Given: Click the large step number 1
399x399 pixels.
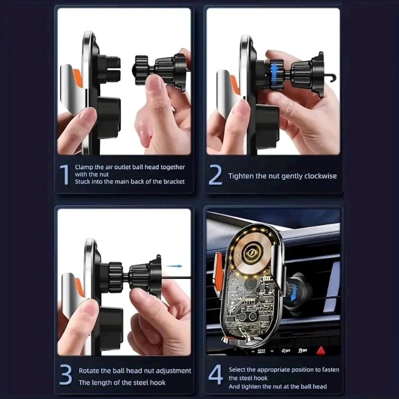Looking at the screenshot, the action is pos(64,175).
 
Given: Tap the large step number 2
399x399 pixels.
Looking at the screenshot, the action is pos(215,175).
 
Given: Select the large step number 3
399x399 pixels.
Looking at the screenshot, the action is pos(65,375).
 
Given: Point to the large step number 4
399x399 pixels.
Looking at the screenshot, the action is pos(215,375).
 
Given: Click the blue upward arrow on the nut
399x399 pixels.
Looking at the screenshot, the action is pos(274,72).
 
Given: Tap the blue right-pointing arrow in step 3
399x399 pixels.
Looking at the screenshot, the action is pos(174,266).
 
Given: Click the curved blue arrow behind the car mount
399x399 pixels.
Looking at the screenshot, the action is pos(293,293).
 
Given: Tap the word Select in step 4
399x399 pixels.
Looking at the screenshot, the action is pos(236,370).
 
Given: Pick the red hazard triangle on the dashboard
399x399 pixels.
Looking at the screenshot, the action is pos(321,351).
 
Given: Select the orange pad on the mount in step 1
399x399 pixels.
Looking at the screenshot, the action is pos(77,78).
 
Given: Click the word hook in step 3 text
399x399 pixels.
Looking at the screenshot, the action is pos(158,383).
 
